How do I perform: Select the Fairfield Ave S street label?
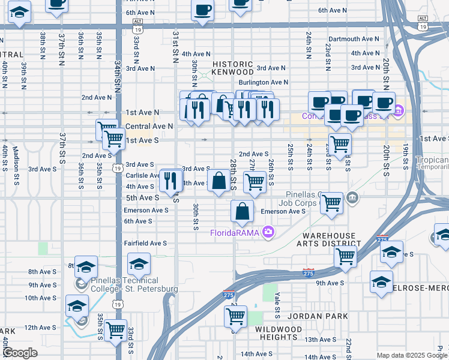[145, 243]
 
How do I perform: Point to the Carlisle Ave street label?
[140, 176]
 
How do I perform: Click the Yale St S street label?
[277, 306]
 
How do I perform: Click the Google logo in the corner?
[20, 353]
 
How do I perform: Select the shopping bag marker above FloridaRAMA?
[242, 211]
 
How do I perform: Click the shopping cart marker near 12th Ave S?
[115, 329]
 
